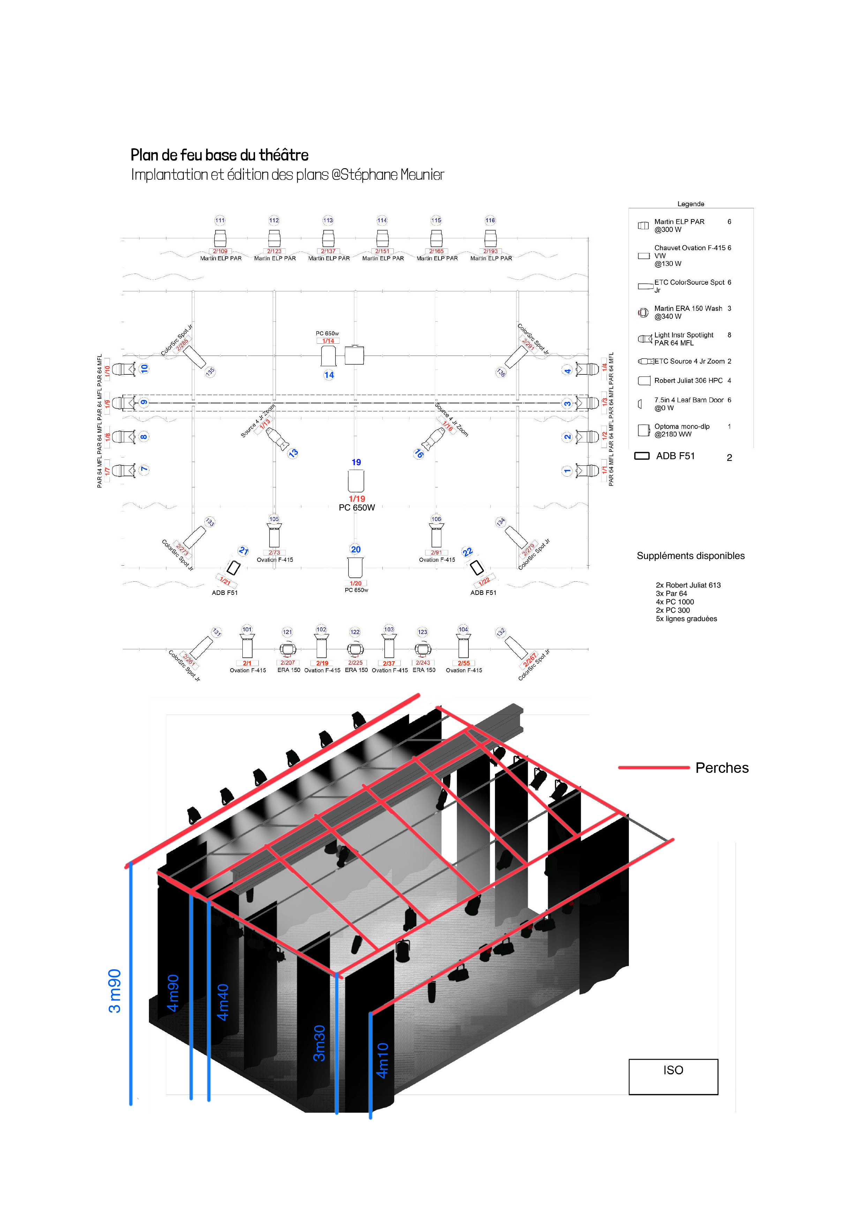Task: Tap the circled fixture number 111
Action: tap(220, 220)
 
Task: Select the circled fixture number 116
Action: tap(490, 220)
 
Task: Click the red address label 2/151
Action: tap(382, 251)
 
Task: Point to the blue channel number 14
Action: tap(329, 375)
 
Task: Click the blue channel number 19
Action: tap(356, 462)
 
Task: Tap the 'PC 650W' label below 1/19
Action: tap(356, 508)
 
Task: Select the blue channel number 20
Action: tap(355, 549)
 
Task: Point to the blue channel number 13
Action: tap(293, 453)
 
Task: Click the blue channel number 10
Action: tap(144, 368)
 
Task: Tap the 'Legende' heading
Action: tap(690, 204)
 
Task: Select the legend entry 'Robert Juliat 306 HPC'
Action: tap(688, 381)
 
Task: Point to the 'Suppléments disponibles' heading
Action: tap(690, 555)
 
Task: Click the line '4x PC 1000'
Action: tap(674, 602)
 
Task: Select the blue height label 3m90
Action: tap(115, 991)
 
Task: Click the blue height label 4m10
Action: tap(382, 1060)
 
